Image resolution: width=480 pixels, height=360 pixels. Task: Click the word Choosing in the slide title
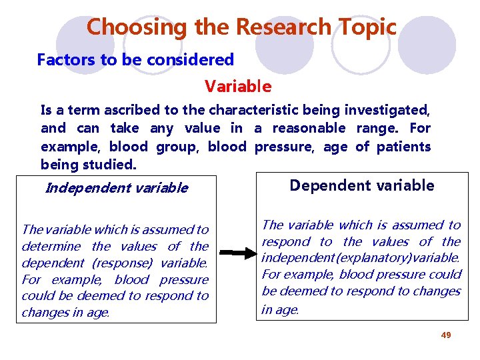coord(127,27)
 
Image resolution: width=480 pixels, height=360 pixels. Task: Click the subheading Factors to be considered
coord(135,60)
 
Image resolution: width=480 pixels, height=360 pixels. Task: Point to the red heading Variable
coord(238,87)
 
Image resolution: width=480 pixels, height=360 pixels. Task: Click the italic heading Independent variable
coord(116,188)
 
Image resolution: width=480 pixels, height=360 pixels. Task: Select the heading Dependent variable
coord(361,186)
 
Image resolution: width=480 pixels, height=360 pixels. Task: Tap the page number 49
coord(446,335)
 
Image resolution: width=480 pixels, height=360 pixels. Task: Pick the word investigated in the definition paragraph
coord(390,109)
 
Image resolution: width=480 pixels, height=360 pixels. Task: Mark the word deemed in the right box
coord(296,291)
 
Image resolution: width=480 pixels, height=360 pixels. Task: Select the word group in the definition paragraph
coord(176,146)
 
